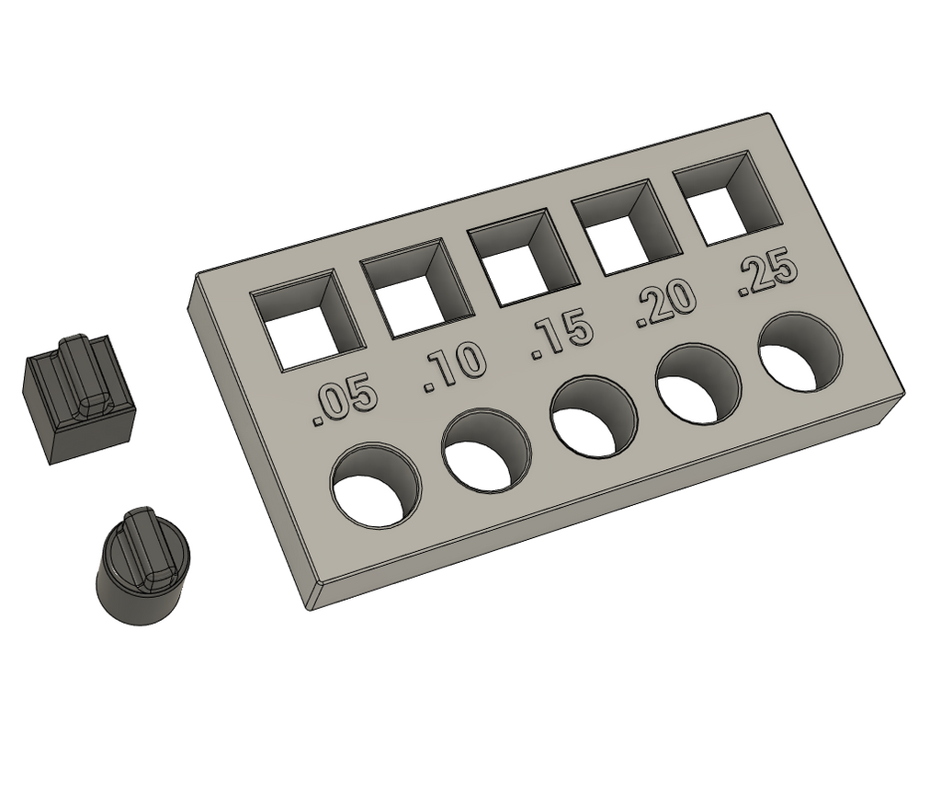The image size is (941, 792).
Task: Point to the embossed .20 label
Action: pos(665,307)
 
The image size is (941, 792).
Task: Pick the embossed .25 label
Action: pos(766,276)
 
